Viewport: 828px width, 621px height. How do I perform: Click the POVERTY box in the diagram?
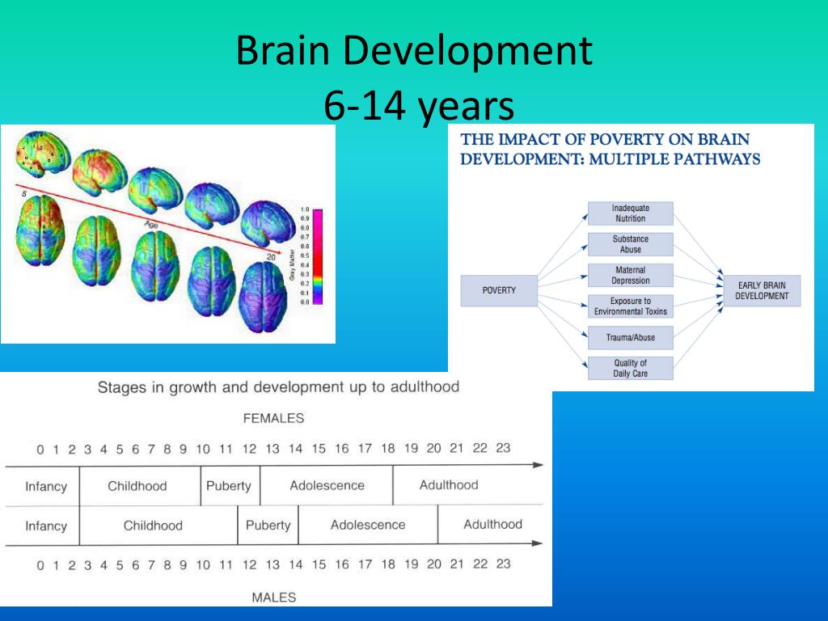tap(499, 291)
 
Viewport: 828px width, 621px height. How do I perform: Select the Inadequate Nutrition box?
tap(630, 213)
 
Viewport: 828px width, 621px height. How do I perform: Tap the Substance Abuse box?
tap(630, 244)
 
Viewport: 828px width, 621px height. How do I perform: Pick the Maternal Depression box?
tap(630, 275)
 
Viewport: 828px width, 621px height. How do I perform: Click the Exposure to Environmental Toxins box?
tap(630, 306)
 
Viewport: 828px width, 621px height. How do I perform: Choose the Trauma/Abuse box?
tap(630, 337)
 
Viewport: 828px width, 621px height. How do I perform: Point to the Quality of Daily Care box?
tap(630, 369)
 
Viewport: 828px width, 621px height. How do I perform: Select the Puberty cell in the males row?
tap(268, 525)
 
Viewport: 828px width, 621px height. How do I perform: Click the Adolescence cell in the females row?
tap(327, 486)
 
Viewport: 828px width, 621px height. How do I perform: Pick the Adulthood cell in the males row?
tap(492, 524)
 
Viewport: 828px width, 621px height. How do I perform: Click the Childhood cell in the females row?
tap(137, 486)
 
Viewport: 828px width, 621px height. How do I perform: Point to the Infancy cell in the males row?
tap(45, 526)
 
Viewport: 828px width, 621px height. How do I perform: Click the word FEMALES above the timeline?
tap(273, 419)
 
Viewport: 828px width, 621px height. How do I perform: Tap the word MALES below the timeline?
tap(273, 598)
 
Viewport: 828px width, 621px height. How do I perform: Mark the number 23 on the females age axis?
tap(503, 448)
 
